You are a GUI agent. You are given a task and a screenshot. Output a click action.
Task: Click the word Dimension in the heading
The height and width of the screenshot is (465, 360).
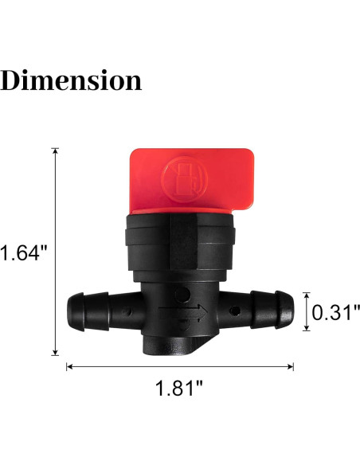(72, 80)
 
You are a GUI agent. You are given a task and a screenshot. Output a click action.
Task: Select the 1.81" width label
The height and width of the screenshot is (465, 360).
(179, 389)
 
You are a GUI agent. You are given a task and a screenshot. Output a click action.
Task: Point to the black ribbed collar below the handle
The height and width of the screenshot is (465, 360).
(181, 238)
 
